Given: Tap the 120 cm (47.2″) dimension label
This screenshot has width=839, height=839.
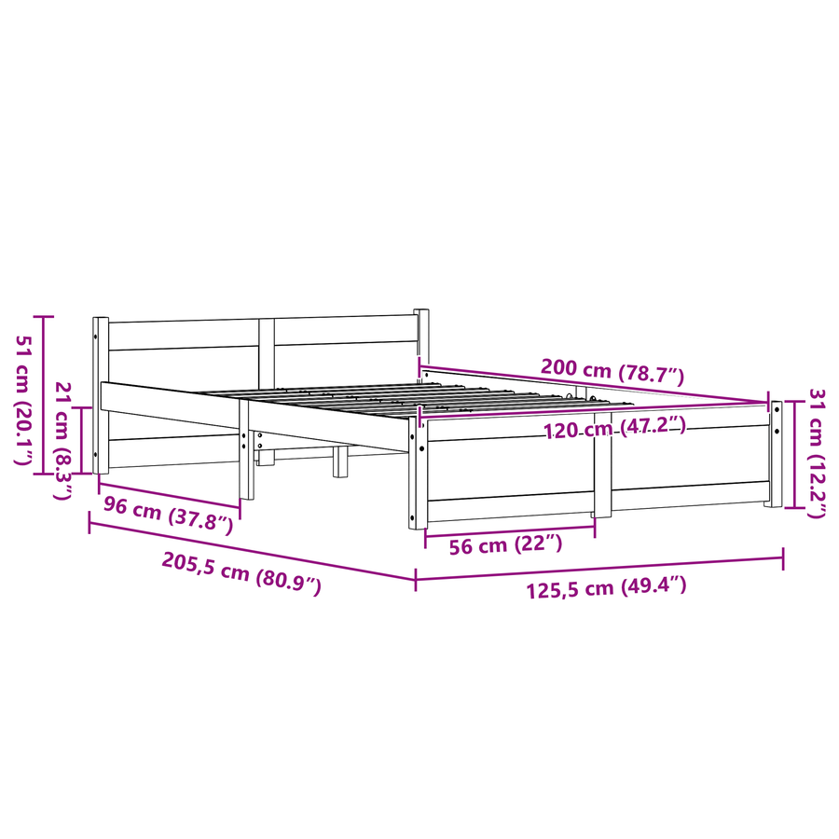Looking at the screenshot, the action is point(615,428).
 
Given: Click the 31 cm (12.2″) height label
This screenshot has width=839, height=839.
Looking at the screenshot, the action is point(817,453).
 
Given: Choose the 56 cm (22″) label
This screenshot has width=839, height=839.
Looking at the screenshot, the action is point(505,544).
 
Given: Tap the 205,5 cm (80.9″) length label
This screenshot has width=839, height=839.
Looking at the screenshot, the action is point(241,573).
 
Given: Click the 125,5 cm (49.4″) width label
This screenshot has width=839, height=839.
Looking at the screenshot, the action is point(606,587).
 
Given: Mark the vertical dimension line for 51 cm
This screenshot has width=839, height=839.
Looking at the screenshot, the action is point(43,395).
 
